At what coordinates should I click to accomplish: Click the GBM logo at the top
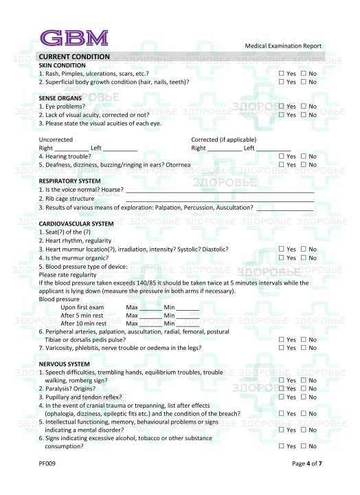click(x=74, y=37)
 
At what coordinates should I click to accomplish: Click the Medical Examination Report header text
click(x=282, y=46)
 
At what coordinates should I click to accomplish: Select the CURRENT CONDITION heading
click(x=74, y=56)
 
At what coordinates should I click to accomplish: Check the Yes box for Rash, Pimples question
click(x=281, y=73)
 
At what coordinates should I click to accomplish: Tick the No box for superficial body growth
click(x=304, y=82)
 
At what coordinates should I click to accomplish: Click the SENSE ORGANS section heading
click(x=60, y=98)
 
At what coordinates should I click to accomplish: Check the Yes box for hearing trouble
click(x=281, y=156)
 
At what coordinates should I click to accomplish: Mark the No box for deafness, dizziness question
click(x=304, y=165)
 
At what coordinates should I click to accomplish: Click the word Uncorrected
click(x=56, y=140)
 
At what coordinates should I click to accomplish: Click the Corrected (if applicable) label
click(x=221, y=140)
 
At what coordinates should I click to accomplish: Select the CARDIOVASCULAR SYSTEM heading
click(x=76, y=223)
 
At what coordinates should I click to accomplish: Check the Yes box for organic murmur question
click(x=281, y=258)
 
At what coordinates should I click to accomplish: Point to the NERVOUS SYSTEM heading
click(x=65, y=364)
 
